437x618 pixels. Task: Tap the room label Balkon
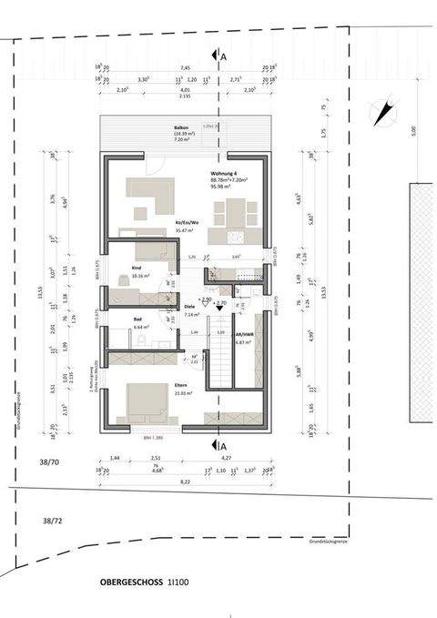[168, 127]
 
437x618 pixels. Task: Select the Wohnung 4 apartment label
[225, 172]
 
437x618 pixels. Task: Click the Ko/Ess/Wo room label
[188, 221]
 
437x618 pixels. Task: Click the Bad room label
[137, 320]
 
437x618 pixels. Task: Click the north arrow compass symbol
[383, 114]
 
